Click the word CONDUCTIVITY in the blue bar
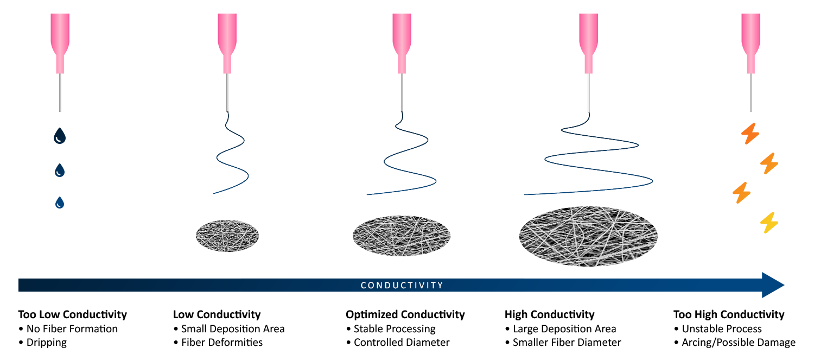point(402,285)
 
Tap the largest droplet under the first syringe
point(60,136)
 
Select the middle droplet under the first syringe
point(60,170)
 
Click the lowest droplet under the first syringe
point(60,203)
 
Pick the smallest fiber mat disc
point(227,236)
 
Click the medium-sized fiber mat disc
point(402,236)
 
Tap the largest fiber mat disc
point(588,236)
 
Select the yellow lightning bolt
point(769,223)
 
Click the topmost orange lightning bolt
point(751,134)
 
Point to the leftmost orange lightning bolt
point(741,193)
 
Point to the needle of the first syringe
point(60,92)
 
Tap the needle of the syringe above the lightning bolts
point(751,92)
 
